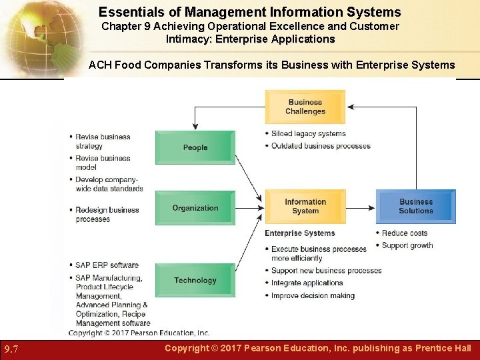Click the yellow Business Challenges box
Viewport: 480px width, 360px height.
coord(305,107)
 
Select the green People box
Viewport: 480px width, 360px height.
coord(195,147)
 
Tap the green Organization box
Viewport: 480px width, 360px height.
coord(195,208)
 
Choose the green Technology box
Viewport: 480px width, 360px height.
coord(195,280)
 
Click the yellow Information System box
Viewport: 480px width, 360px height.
coord(305,207)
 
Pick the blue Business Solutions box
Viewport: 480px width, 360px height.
coord(416,207)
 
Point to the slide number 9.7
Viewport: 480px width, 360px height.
coord(11,349)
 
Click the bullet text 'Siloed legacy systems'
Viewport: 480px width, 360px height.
coord(308,133)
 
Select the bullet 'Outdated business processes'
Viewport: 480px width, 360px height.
coord(320,146)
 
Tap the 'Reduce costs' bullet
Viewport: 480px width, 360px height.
coord(404,233)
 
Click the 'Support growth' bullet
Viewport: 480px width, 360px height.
coord(407,245)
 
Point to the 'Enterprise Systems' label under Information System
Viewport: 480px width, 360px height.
coord(300,233)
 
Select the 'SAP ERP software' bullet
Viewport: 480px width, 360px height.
coord(107,265)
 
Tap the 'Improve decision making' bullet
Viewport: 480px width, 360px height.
coord(313,295)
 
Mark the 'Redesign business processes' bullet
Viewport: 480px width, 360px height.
coord(107,214)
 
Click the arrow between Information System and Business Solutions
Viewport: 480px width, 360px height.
coord(361,207)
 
